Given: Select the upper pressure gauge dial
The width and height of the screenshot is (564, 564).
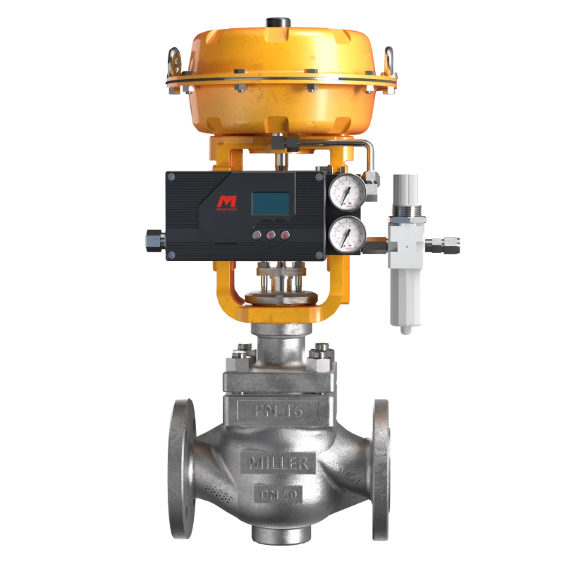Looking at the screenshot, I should [347, 190].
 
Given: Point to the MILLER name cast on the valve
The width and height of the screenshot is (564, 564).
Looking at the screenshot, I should [278, 463].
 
